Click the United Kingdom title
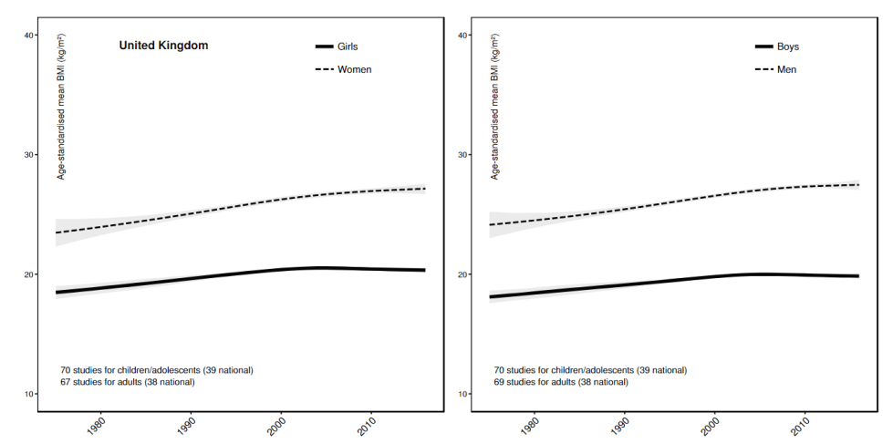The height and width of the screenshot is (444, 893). click(x=163, y=45)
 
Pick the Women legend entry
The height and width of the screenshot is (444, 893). click(x=355, y=69)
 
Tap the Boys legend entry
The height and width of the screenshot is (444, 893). click(x=788, y=46)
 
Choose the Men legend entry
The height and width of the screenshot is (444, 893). click(x=786, y=69)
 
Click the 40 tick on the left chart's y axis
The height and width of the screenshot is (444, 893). click(x=29, y=36)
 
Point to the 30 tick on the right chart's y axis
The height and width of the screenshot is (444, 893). click(x=463, y=155)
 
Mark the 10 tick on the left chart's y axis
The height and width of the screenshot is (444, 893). click(x=29, y=394)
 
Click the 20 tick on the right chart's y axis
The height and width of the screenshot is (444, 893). click(x=463, y=274)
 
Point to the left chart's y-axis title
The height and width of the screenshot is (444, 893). click(x=61, y=107)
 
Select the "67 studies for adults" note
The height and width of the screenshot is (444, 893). click(x=128, y=382)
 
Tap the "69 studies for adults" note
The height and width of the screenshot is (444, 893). click(x=561, y=382)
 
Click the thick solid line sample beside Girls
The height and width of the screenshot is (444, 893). click(x=325, y=46)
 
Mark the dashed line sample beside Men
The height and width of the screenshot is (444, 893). click(x=763, y=69)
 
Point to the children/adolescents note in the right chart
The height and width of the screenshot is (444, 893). click(x=590, y=370)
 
